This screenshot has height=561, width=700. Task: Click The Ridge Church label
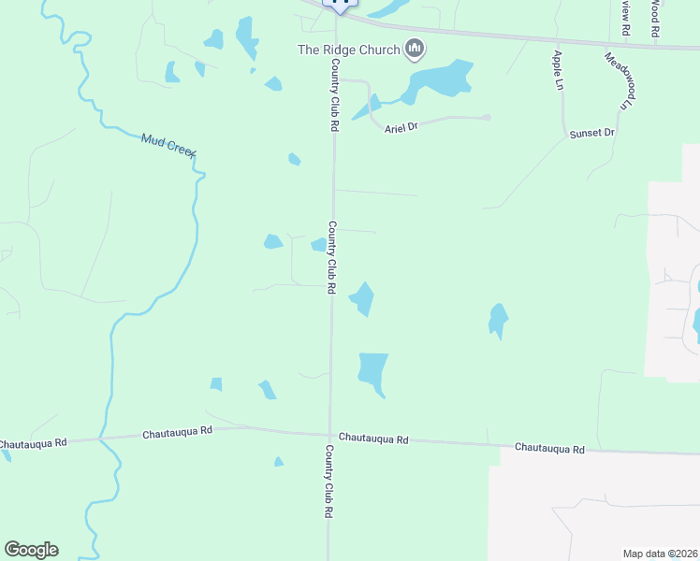tap(348, 50)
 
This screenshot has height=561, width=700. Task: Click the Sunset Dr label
tap(591, 134)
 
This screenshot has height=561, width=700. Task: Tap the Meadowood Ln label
tap(619, 79)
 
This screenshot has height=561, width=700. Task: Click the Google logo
tap(31, 550)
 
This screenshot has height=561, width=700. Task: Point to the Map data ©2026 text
tap(660, 553)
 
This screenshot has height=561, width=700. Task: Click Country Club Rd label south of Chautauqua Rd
tap(329, 481)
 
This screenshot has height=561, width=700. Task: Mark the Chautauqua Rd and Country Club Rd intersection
tap(329, 434)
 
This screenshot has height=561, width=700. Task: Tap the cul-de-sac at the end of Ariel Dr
tap(487, 117)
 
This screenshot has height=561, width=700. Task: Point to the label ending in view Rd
tap(625, 17)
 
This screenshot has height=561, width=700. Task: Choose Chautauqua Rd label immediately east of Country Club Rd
tap(373, 438)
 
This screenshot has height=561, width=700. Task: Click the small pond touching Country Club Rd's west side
tap(319, 245)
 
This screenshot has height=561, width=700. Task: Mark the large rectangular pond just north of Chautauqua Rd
tap(372, 368)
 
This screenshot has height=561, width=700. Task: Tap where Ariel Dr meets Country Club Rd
tap(336, 80)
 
